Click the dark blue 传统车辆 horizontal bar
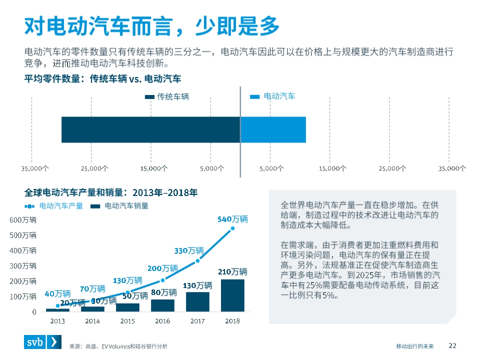[x=150, y=129]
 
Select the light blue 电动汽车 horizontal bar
[x=273, y=129]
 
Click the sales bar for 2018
[x=232, y=295]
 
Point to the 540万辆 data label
[x=232, y=219]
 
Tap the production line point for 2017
[x=197, y=260]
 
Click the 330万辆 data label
[x=189, y=250]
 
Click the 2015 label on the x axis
[x=127, y=321]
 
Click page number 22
[x=452, y=345]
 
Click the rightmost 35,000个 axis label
[x=452, y=168]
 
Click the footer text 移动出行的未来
[x=415, y=346]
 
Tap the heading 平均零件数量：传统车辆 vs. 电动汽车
[x=102, y=79]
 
